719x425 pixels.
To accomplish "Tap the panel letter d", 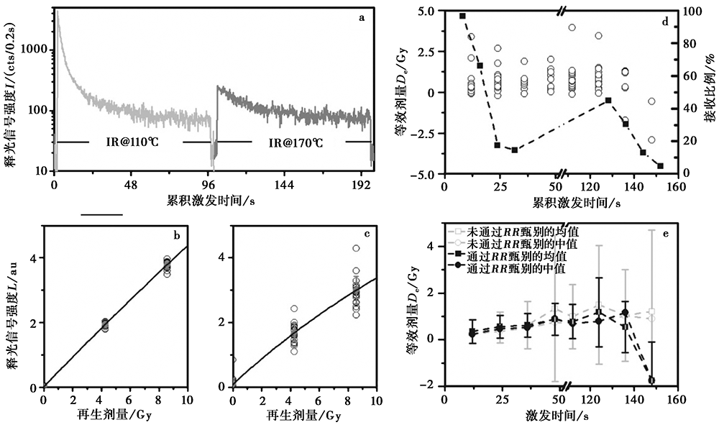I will click(666, 21).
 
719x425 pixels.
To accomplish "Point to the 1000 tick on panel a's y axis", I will click(34, 50).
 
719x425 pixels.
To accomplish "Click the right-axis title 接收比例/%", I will click(710, 93).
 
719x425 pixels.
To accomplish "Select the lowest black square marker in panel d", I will click(660, 166).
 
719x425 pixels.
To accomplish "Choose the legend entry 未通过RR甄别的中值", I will click(517, 244).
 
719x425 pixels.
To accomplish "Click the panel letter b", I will click(175, 235).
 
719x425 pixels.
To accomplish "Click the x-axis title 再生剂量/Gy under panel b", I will click(115, 415).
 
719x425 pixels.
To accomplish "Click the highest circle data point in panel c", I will click(355, 248).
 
